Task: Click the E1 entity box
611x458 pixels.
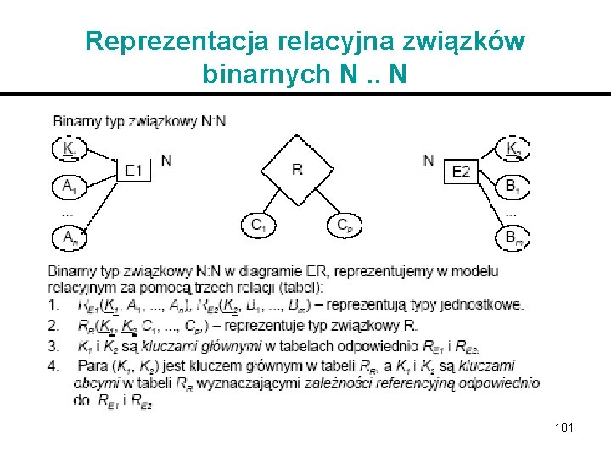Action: (134, 170)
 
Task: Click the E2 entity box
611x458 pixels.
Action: (462, 172)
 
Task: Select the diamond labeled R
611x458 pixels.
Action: (297, 170)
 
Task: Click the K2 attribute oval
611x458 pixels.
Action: (514, 149)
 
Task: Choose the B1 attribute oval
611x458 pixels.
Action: (513, 185)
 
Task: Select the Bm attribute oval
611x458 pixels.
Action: (514, 239)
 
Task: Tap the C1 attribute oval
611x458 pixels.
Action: (257, 225)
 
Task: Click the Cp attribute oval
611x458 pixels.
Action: (344, 225)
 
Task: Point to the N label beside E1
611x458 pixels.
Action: (166, 159)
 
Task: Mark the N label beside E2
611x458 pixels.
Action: (429, 159)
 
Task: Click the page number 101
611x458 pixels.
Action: (563, 427)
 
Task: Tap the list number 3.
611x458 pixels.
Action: (54, 345)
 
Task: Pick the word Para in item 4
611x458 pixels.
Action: (90, 366)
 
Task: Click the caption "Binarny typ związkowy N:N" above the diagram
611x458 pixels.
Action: (139, 121)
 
